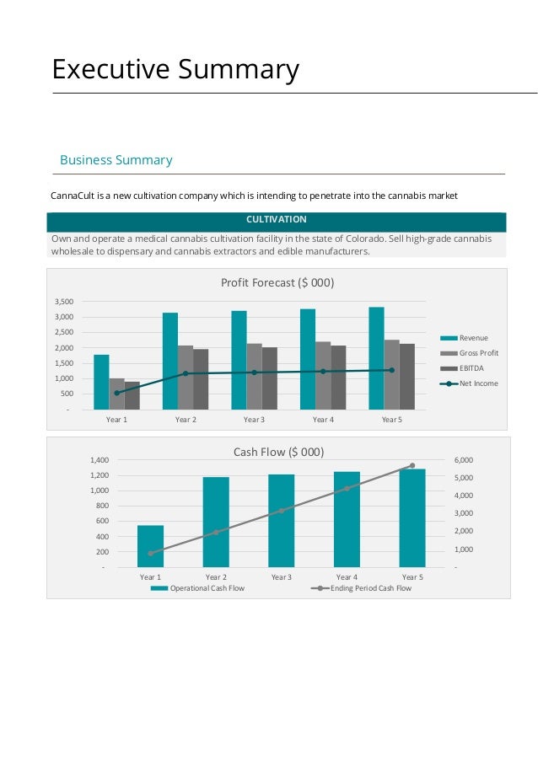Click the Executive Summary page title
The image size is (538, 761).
[x=175, y=69]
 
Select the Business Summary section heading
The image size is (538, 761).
[x=116, y=160]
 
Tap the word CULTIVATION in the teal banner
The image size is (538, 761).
[x=277, y=219]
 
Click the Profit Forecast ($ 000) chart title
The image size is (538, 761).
[x=277, y=282]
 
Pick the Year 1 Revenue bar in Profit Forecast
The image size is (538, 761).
[x=101, y=382]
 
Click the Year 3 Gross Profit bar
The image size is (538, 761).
[x=254, y=377]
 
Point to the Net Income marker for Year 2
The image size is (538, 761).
[x=186, y=373]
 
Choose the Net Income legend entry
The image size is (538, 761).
[x=469, y=383]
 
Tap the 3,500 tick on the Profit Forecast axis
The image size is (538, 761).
[x=64, y=302]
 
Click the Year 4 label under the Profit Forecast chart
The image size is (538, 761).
[x=323, y=420]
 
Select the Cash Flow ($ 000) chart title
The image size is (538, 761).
[x=278, y=452]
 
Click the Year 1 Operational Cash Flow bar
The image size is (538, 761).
[x=151, y=546]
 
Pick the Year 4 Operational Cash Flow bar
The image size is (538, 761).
[x=347, y=519]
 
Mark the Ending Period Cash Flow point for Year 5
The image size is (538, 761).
[x=412, y=465]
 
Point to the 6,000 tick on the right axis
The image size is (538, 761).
[x=464, y=460]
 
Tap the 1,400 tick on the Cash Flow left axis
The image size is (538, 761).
[x=100, y=460]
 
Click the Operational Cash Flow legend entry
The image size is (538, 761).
[x=197, y=588]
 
